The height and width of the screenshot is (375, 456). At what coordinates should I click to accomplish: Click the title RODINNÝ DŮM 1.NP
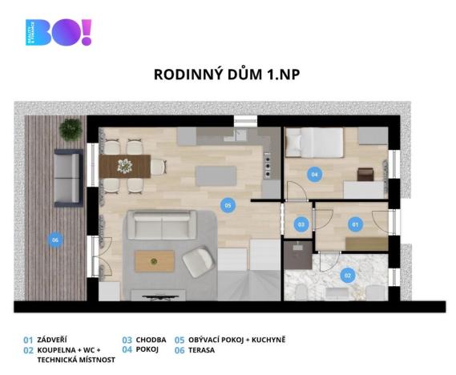coord(227,75)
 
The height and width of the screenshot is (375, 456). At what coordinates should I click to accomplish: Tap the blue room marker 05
coord(228,205)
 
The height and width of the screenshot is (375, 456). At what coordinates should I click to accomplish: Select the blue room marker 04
coord(315,173)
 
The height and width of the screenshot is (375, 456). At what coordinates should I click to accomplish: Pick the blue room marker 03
coord(301,225)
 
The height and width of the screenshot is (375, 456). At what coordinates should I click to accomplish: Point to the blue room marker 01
coord(356,225)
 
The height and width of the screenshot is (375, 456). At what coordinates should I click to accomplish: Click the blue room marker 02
coord(347,275)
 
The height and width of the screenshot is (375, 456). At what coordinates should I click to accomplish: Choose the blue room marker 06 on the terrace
coord(55,238)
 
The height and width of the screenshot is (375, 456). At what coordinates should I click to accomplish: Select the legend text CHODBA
coord(152,340)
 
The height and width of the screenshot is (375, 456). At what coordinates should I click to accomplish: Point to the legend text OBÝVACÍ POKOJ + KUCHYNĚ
coord(237,340)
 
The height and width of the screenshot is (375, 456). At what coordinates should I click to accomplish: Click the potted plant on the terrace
coord(71,128)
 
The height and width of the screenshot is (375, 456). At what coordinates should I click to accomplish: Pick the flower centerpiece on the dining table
coord(125,166)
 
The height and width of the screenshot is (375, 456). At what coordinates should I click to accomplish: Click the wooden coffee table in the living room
coord(154,259)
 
